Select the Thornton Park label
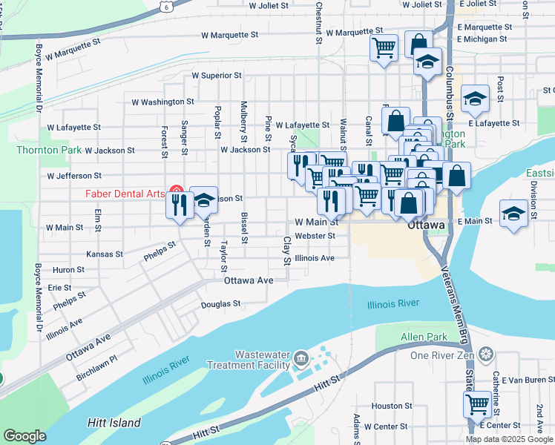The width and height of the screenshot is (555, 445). (x=47, y=150)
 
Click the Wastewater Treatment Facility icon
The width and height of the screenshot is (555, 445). (x=301, y=359)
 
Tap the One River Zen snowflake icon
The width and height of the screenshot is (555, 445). (x=485, y=354)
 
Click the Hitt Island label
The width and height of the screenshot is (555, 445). (x=114, y=423)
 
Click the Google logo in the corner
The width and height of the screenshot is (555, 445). (x=24, y=436)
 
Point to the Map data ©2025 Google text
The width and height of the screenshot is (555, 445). (x=509, y=439)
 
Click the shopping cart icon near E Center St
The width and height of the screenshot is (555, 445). (x=477, y=404)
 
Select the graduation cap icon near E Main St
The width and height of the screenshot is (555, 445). (x=513, y=213)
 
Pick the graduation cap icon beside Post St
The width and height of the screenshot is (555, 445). (x=474, y=98)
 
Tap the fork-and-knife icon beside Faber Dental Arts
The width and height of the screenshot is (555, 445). (x=179, y=204)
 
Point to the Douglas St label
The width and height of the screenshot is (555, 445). (x=221, y=304)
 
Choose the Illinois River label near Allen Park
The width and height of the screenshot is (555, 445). (x=393, y=303)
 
